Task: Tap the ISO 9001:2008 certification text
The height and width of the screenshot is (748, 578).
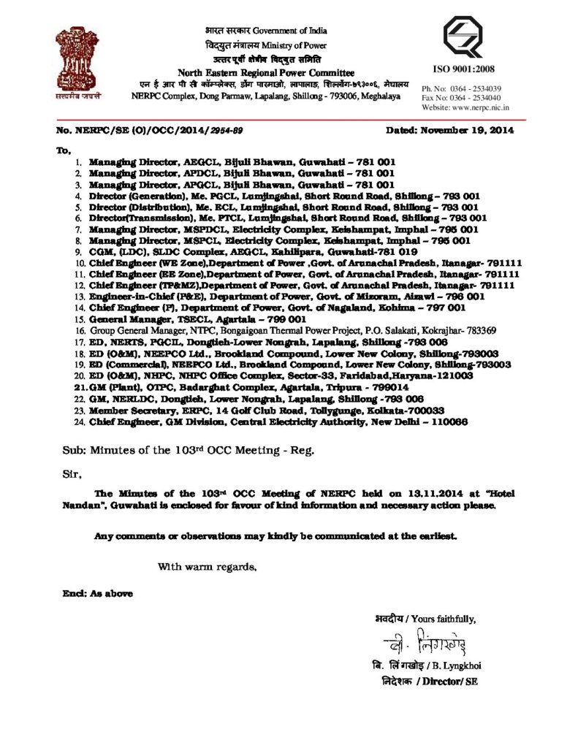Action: pyautogui.click(x=464, y=69)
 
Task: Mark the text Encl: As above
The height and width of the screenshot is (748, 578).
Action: pyautogui.click(x=97, y=593)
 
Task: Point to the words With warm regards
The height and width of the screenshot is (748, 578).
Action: pyautogui.click(x=208, y=566)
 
